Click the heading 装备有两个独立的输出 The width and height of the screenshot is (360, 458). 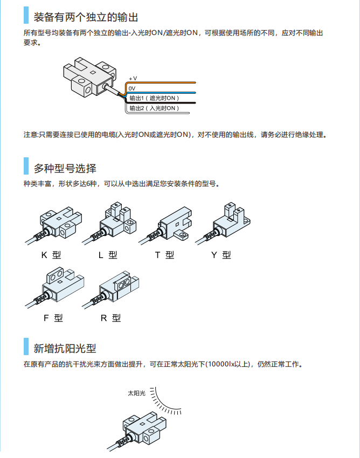[86, 17]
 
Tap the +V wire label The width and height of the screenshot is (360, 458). [133, 79]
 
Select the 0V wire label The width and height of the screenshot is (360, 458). [132, 88]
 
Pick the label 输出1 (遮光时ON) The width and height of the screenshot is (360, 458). [154, 98]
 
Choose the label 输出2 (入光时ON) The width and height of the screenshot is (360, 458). [154, 108]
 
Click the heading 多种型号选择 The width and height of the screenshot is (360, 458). [65, 169]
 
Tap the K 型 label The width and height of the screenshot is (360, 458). [51, 255]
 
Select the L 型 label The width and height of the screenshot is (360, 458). [108, 255]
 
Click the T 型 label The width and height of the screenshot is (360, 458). [164, 255]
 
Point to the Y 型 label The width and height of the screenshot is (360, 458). [221, 255]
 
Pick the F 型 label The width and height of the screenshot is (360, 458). [53, 318]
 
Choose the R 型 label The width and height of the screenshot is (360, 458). [110, 318]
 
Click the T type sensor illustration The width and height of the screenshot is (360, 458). [165, 225]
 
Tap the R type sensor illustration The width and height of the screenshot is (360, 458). [110, 290]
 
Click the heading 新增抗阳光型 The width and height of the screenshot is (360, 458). [65, 349]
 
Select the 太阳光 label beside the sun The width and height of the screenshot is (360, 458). [136, 393]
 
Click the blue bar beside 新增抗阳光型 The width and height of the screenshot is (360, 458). [26, 346]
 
